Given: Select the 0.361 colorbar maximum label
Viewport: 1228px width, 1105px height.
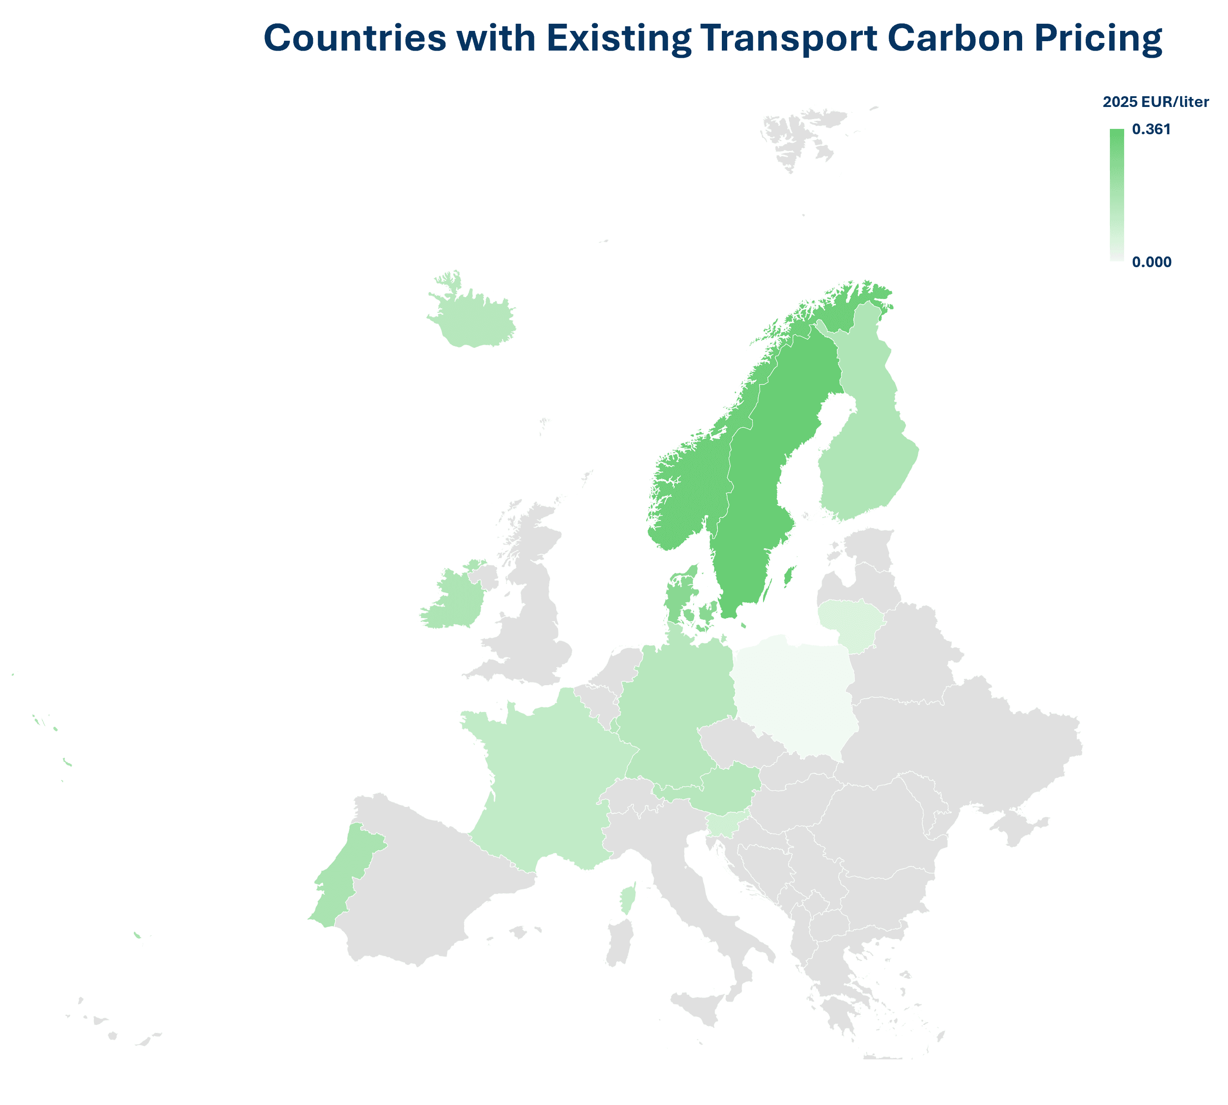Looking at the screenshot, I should (1151, 129).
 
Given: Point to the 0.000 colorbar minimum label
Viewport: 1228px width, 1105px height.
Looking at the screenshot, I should (1151, 262).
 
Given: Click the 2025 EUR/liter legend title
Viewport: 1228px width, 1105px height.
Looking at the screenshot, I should (1155, 102).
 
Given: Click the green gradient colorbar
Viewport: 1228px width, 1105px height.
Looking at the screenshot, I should (1116, 195).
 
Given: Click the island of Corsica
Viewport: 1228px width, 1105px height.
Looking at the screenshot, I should (627, 899).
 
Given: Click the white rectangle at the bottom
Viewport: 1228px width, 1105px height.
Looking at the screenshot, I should (920, 1078).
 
